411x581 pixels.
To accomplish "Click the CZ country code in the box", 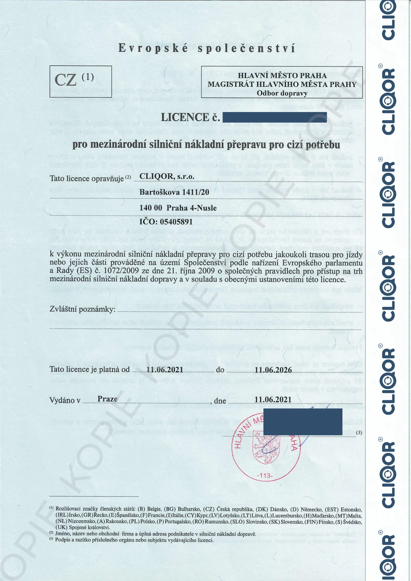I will click(66, 80).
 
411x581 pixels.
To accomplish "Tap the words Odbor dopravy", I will click(282, 93).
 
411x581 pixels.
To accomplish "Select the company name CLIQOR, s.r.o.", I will click(167, 176).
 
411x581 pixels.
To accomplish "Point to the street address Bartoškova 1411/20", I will click(174, 192).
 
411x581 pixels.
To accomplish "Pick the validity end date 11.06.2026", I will click(273, 370).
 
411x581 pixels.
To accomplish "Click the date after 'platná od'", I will click(165, 370).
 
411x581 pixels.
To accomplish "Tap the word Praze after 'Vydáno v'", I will click(107, 399).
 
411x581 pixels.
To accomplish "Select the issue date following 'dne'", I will click(273, 400).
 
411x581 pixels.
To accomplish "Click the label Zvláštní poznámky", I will click(82, 309).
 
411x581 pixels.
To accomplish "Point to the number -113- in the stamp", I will click(265, 475).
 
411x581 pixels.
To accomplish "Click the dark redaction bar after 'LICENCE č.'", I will click(274, 117).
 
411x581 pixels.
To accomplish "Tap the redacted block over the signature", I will click(303, 422).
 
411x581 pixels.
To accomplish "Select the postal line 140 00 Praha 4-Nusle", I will click(178, 208).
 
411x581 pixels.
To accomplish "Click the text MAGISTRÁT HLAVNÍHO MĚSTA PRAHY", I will click(282, 84).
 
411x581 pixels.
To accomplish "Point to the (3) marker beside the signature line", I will click(359, 433).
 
